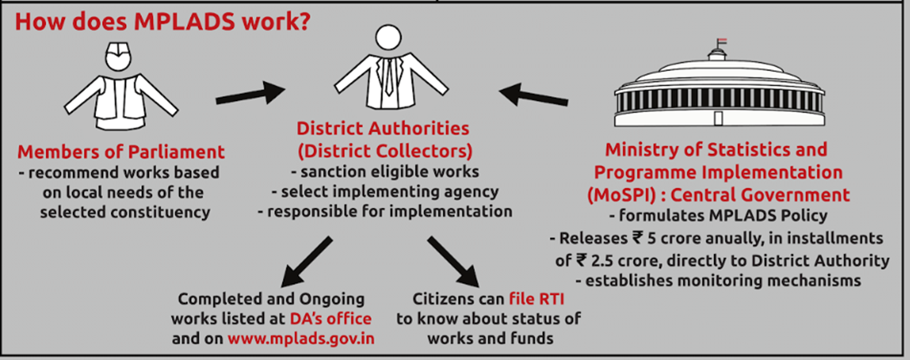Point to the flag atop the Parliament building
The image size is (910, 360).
click(x=721, y=41)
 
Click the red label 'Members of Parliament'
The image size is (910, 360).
click(x=121, y=152)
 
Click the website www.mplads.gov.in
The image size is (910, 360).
click(x=301, y=338)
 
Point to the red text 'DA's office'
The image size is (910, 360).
click(x=331, y=319)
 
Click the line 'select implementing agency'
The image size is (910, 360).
click(x=385, y=191)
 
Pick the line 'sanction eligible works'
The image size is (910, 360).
click(x=385, y=172)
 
